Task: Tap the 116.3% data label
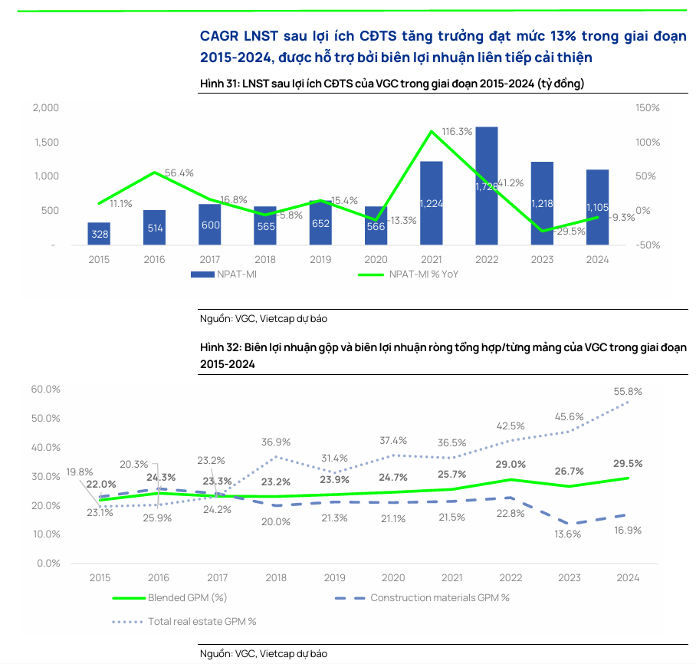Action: click(458, 132)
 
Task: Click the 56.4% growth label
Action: click(179, 173)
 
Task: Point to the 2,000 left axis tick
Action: click(45, 108)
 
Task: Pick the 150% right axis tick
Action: click(647, 108)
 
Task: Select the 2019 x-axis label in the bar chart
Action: click(320, 259)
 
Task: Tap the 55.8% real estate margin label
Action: click(629, 391)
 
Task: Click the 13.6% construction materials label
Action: click(568, 534)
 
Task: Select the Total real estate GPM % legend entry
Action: click(202, 621)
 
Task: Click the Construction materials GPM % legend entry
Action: click(439, 597)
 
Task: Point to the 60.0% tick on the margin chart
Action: click(46, 390)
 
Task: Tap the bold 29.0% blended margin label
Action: click(511, 464)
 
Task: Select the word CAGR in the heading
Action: click(218, 36)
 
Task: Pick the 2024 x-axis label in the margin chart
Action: click(628, 578)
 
